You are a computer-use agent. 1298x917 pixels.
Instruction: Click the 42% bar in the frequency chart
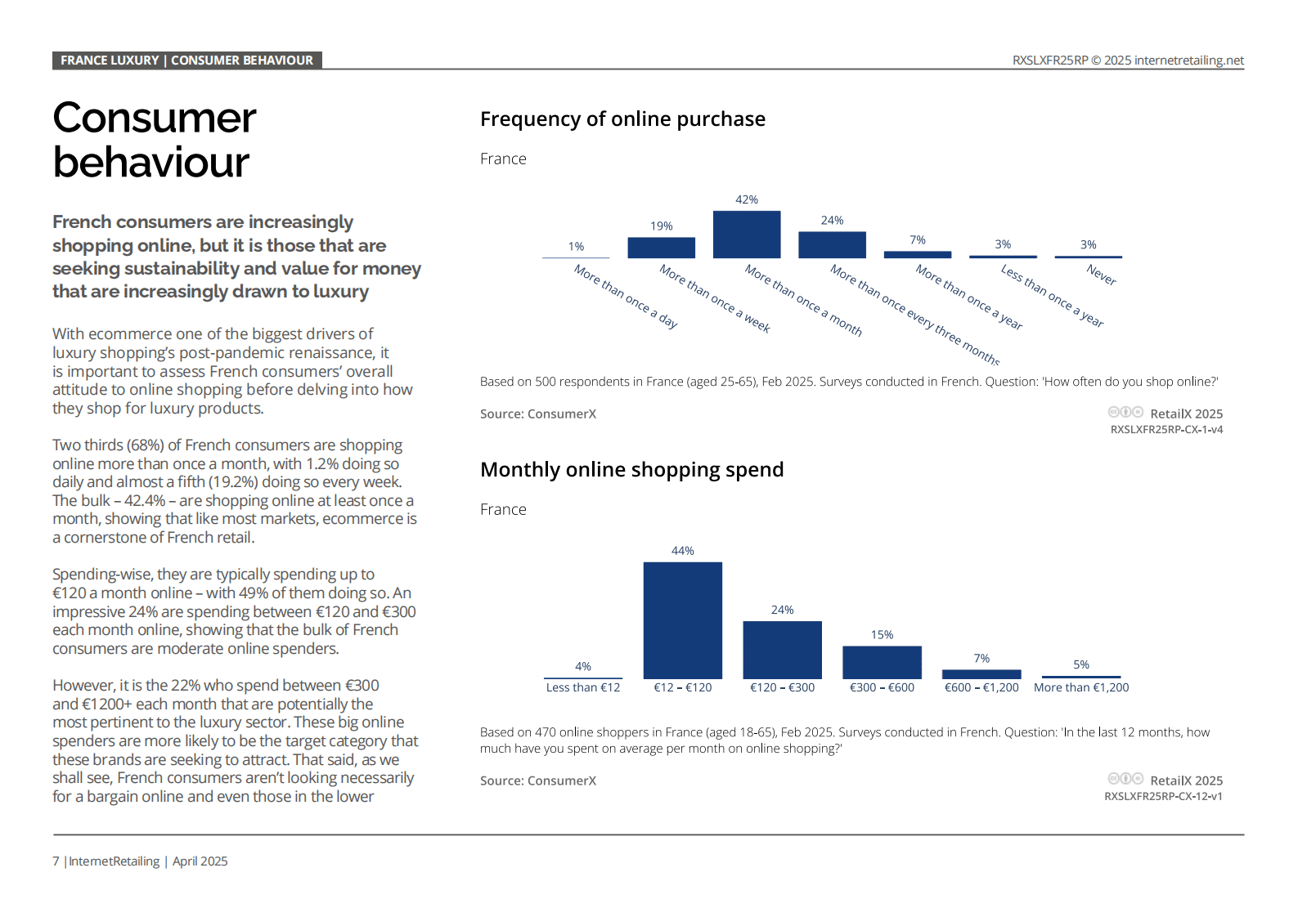click(x=747, y=235)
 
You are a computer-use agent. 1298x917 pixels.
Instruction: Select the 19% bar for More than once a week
click(x=661, y=248)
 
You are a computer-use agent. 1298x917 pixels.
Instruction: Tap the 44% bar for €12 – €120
click(x=683, y=620)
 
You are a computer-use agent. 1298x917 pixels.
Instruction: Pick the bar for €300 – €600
click(x=882, y=662)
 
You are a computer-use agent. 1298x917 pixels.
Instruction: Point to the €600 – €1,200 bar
click(x=981, y=674)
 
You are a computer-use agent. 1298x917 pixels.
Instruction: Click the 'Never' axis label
click(x=1101, y=275)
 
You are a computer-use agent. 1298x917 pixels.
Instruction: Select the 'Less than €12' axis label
click(x=583, y=688)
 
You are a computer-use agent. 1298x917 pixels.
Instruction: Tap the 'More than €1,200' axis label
click(x=1081, y=688)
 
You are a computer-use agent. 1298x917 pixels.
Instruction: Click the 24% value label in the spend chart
click(x=782, y=610)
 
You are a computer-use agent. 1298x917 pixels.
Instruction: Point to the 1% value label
click(x=576, y=247)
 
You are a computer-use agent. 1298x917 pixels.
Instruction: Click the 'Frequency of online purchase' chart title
click(x=623, y=119)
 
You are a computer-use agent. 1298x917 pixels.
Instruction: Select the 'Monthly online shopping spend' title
click(x=631, y=469)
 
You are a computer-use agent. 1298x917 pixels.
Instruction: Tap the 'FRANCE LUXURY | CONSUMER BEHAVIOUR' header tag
click(x=187, y=60)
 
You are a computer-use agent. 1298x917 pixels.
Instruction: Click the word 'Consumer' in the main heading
click(x=154, y=118)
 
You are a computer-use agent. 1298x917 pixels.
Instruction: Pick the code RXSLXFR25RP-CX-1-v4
click(x=1166, y=430)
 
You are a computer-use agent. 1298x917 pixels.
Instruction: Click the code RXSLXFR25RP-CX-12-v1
click(x=1164, y=797)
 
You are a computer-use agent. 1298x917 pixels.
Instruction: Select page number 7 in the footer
click(x=56, y=861)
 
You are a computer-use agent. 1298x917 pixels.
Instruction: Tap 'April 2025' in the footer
click(x=200, y=861)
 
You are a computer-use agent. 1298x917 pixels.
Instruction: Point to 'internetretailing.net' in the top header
click(x=1189, y=60)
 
